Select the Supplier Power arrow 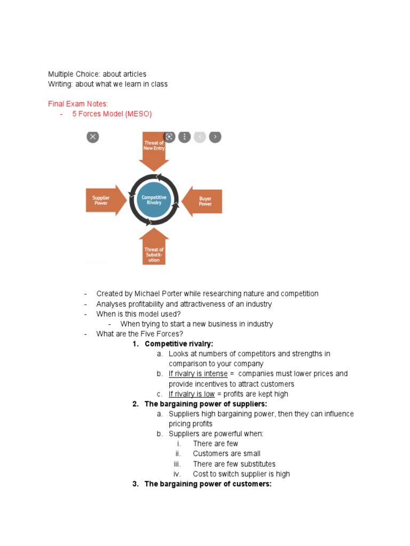click(105, 200)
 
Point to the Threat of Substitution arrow click(154, 250)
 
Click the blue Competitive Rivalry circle click(154, 200)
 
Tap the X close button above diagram click(93, 137)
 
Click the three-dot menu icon click(184, 137)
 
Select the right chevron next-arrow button click(215, 137)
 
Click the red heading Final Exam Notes click(78, 104)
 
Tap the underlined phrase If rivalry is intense click(198, 374)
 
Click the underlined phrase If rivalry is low click(192, 394)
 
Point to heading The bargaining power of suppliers click(206, 404)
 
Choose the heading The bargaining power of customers click(208, 484)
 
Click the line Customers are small click(227, 454)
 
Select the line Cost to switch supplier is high click(241, 474)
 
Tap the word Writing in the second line click(60, 84)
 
